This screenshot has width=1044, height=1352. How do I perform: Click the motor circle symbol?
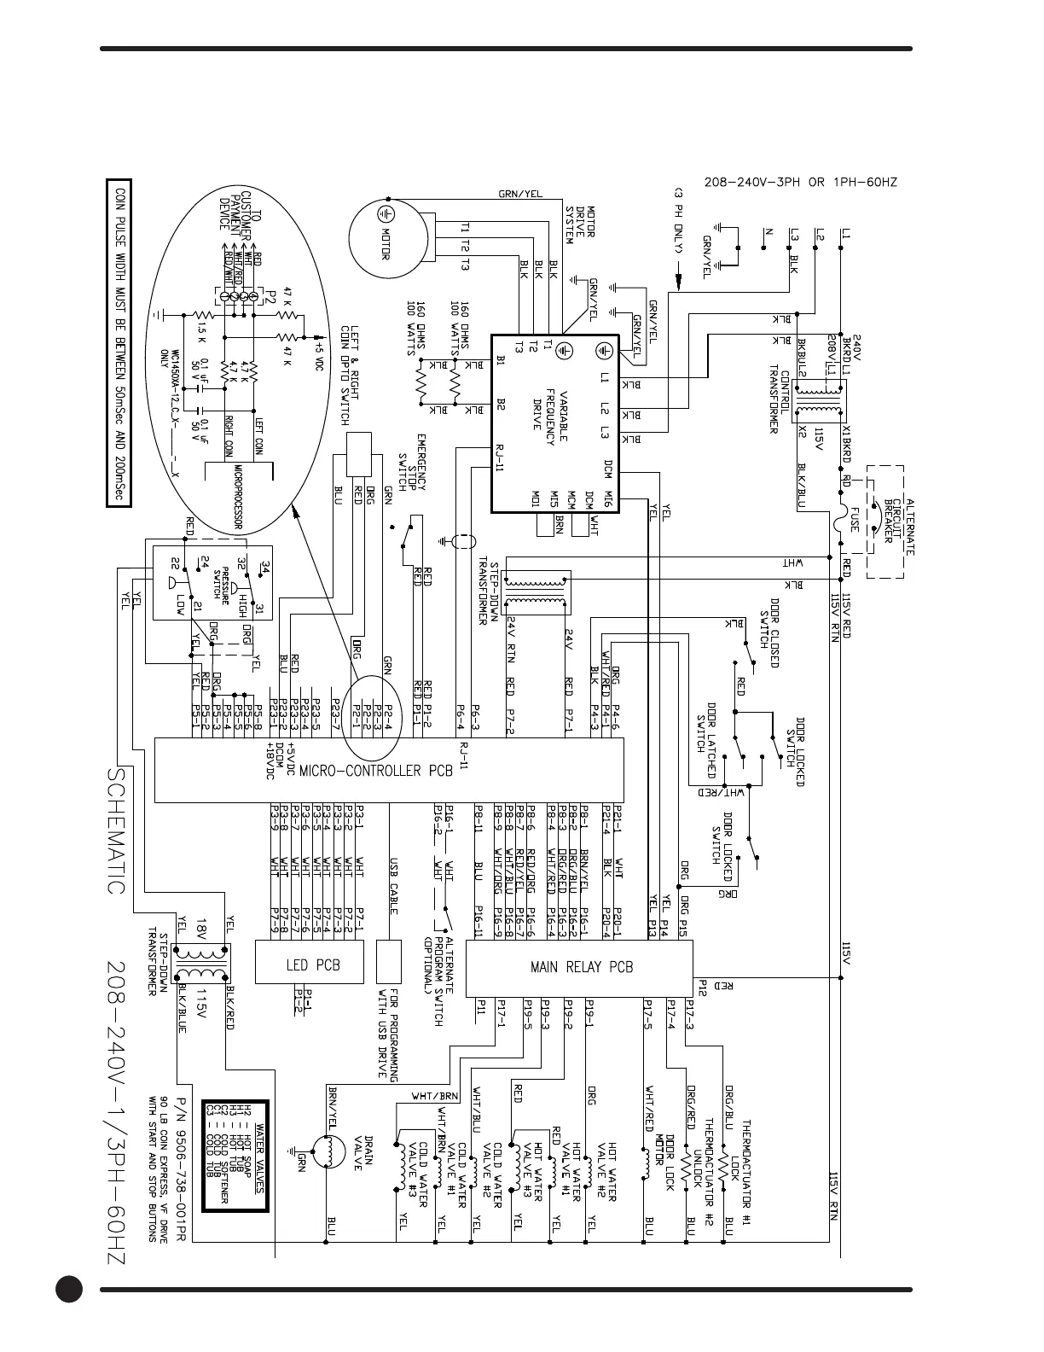[386, 232]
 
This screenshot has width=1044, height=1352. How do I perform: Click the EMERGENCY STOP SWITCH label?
[413, 463]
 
